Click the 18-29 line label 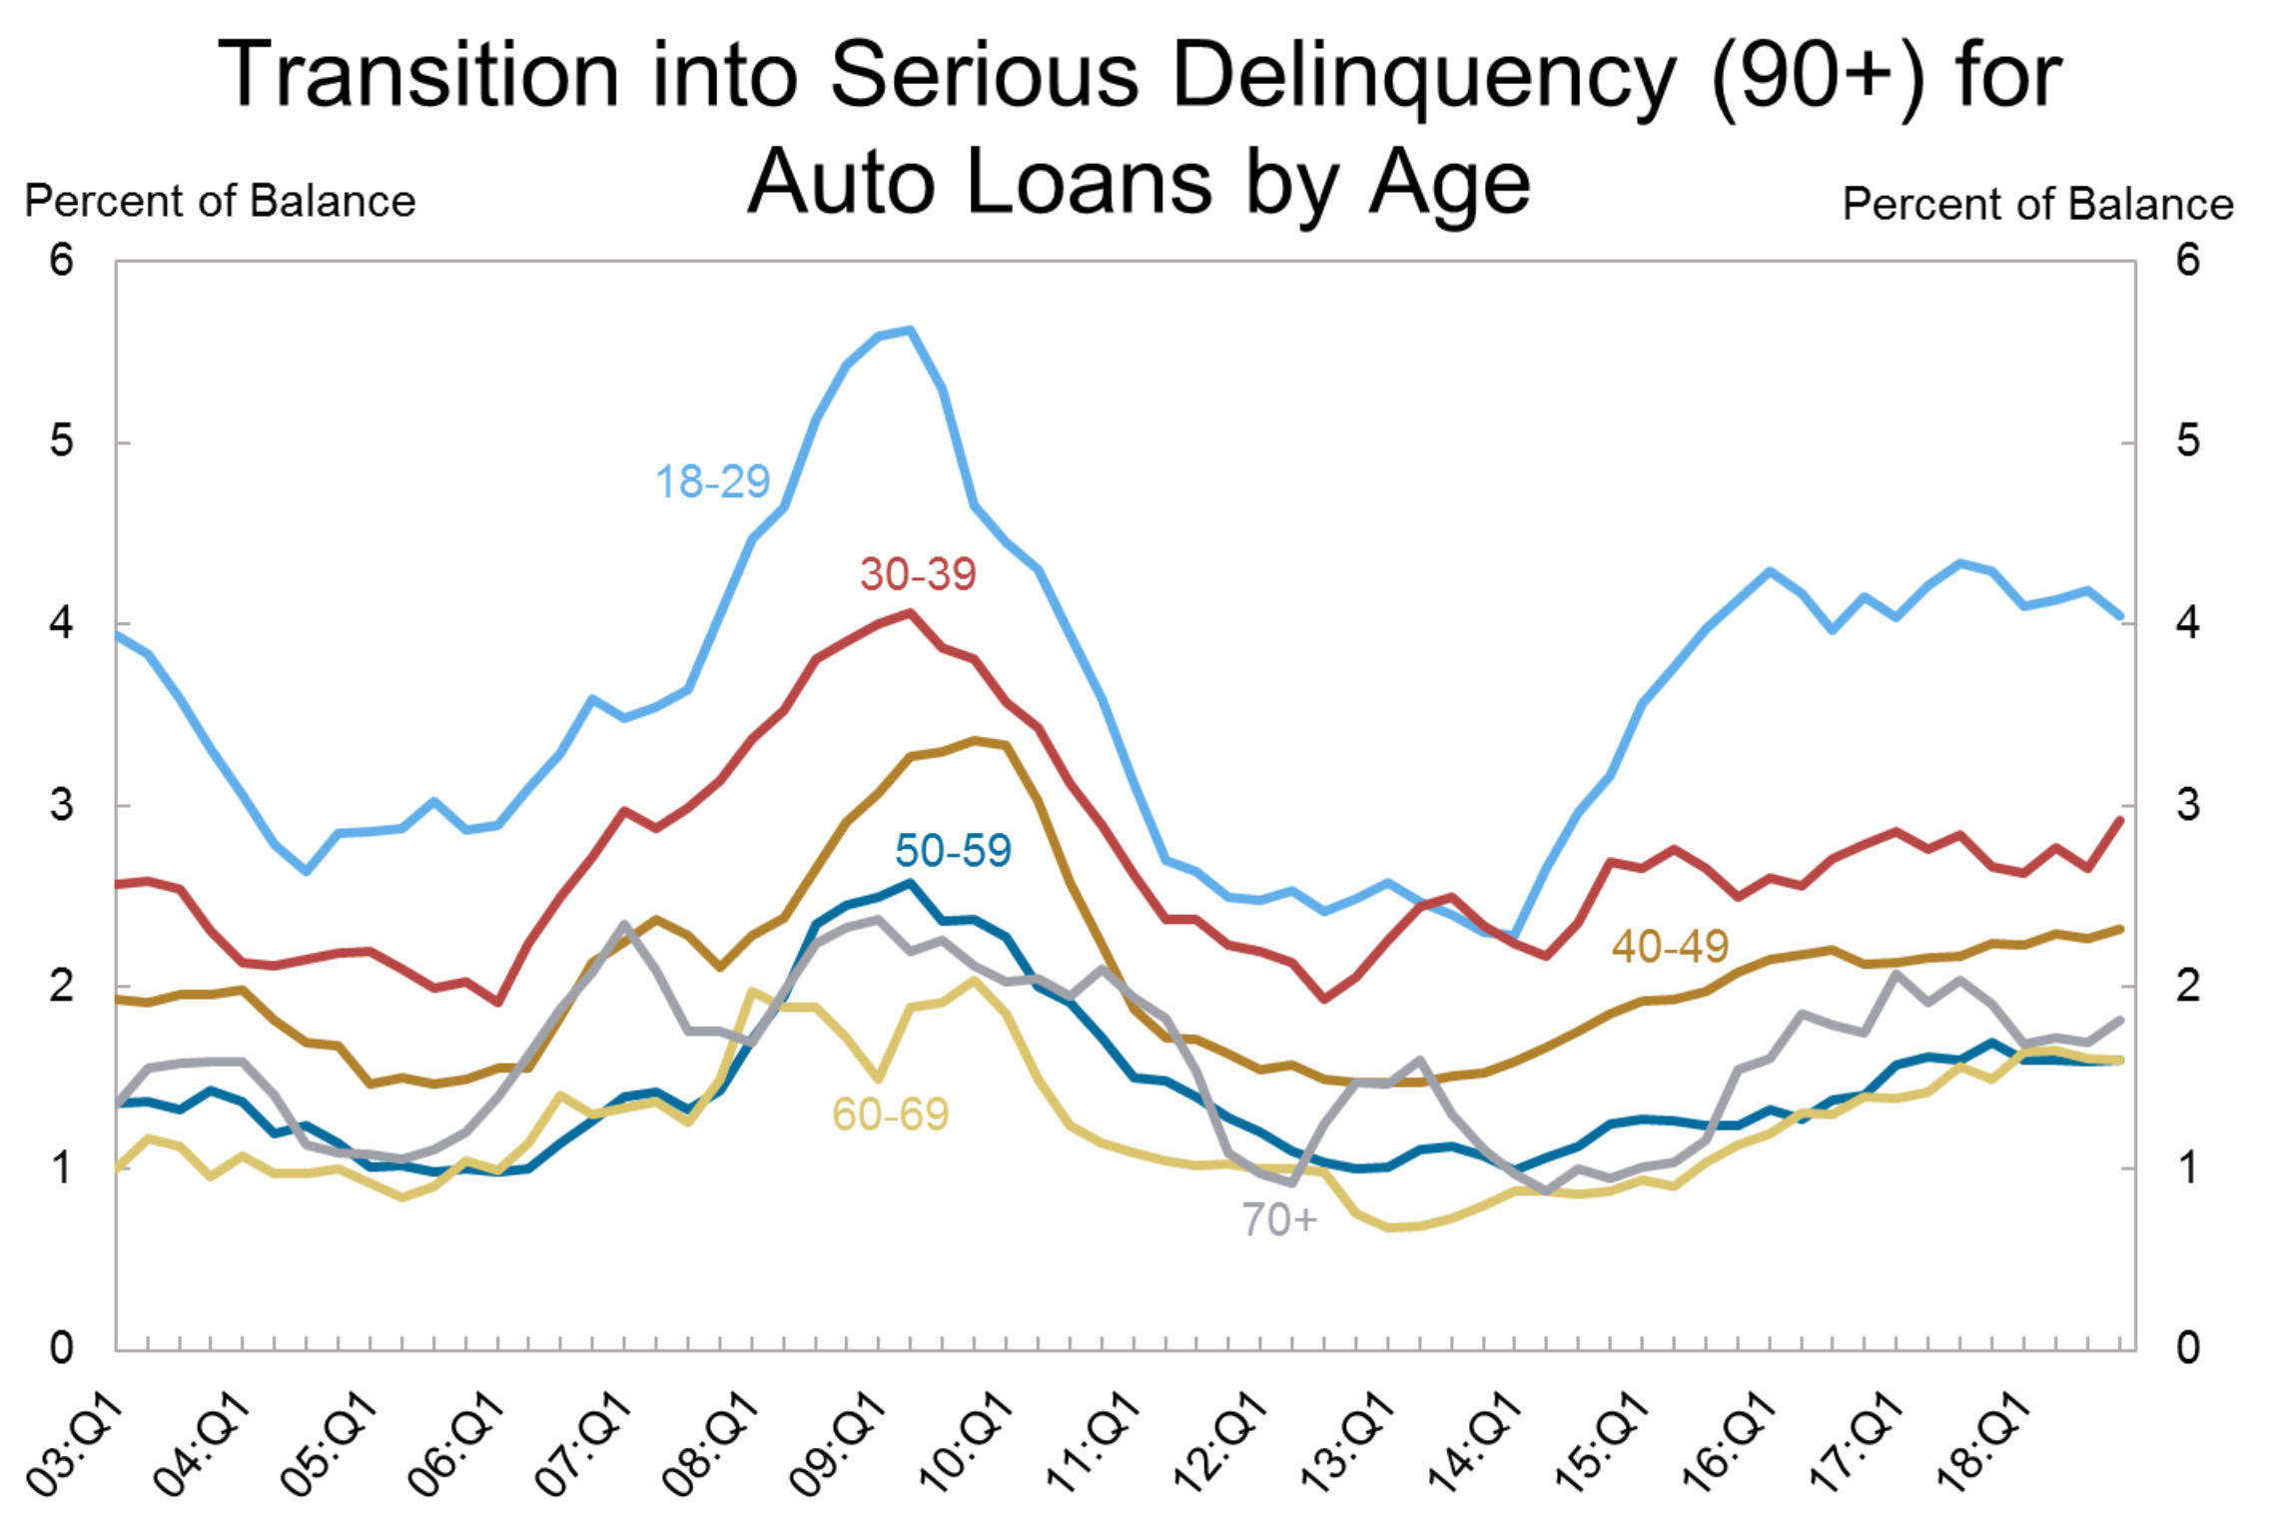(x=712, y=482)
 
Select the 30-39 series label (x=918, y=574)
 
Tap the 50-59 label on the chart (x=953, y=851)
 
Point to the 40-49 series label (x=1670, y=946)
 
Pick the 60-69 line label (x=890, y=1114)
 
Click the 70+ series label (x=1279, y=1219)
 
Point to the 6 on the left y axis (x=62, y=261)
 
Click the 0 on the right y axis (x=2188, y=1348)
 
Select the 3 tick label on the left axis (x=62, y=805)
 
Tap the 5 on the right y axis (x=2188, y=441)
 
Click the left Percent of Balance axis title (x=220, y=202)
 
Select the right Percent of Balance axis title (x=2037, y=204)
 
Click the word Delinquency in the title (x=1423, y=75)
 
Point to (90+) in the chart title (x=1818, y=75)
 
